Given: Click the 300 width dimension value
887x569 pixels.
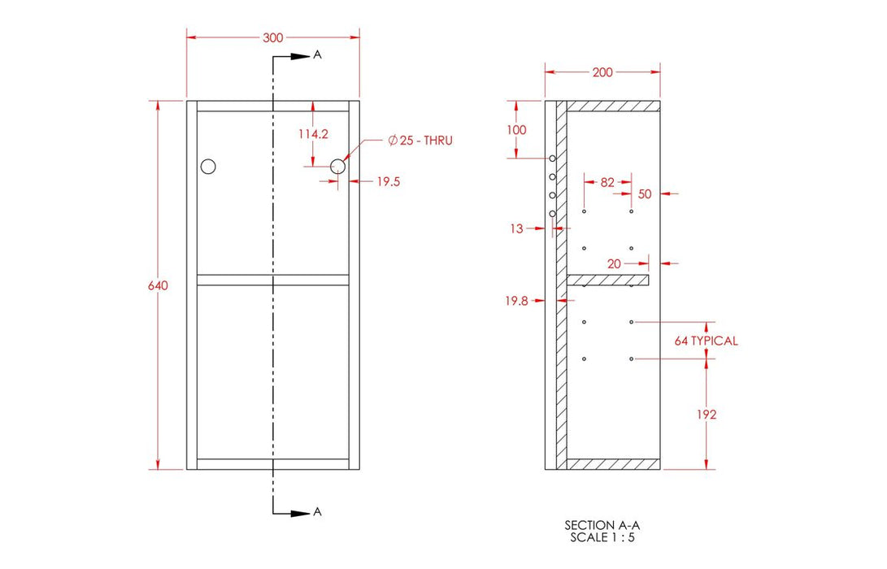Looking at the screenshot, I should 273,37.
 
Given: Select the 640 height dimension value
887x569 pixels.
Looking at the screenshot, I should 158,285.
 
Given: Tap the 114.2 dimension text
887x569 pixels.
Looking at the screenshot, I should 312,134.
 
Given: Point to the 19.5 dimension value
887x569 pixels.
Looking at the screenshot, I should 388,182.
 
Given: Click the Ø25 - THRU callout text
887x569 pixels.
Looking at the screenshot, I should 420,141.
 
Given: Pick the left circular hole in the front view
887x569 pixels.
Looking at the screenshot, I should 209,167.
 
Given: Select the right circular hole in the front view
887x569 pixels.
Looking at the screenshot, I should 338,167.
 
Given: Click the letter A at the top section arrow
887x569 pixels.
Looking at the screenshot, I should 318,55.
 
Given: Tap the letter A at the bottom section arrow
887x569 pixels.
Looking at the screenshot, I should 318,512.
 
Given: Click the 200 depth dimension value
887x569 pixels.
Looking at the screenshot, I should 602,72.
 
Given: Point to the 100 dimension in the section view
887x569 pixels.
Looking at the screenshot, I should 515,130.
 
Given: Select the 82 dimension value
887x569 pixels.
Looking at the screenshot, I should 607,183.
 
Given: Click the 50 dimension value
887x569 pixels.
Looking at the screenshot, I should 645,193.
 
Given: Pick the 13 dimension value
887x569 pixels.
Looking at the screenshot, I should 517,229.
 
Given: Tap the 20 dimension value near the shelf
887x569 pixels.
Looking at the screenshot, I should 615,263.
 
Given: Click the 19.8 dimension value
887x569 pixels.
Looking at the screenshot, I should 515,301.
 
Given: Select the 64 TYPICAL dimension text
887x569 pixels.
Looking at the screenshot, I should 706,341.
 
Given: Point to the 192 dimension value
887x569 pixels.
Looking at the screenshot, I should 706,415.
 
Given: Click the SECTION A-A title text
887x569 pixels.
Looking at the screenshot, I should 597,526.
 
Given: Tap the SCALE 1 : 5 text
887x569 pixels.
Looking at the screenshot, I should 597,537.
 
